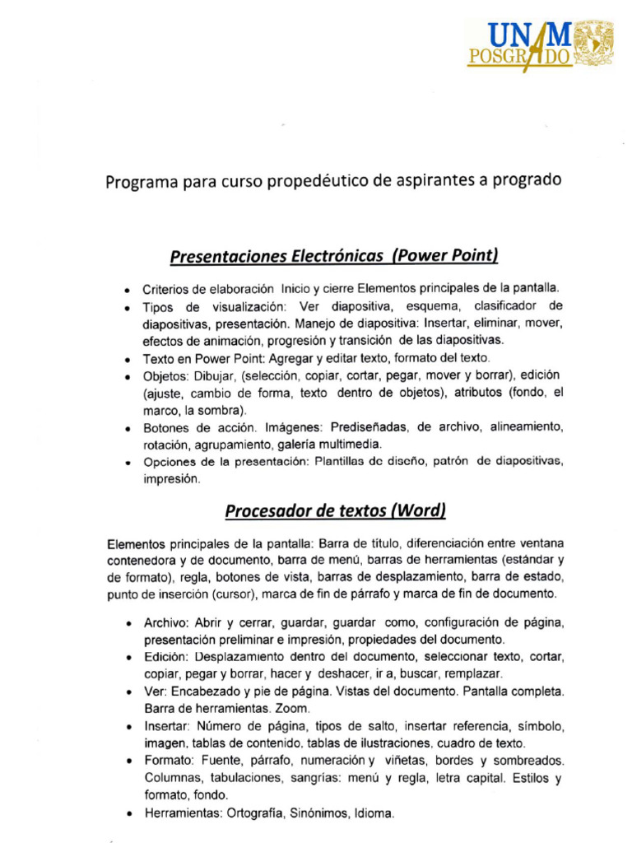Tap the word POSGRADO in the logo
click(519, 57)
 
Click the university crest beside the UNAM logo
click(593, 43)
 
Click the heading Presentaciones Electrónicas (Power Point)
click(334, 256)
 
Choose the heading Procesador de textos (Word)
click(336, 511)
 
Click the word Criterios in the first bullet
click(168, 289)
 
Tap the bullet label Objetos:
click(167, 375)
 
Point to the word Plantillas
click(345, 462)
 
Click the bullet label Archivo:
click(168, 623)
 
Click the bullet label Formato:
click(170, 761)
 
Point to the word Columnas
click(171, 778)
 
